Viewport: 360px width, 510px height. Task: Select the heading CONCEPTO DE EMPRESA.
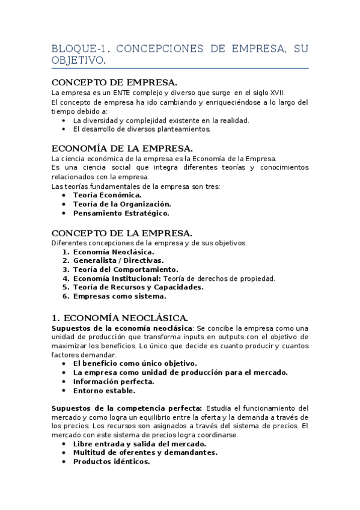pyautogui.click(x=114, y=82)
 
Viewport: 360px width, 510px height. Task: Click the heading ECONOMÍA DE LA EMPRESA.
pyautogui.click(x=122, y=148)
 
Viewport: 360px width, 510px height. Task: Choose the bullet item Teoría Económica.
pyautogui.click(x=107, y=195)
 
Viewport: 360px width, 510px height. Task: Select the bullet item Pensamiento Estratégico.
pyautogui.click(x=121, y=213)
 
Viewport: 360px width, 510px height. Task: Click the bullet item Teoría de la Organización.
pyautogui.click(x=122, y=204)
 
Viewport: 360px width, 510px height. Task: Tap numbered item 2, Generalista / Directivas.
pyautogui.click(x=118, y=260)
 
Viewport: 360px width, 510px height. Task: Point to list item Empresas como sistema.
pyautogui.click(x=120, y=296)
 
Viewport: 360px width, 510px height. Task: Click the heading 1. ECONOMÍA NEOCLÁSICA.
pyautogui.click(x=120, y=317)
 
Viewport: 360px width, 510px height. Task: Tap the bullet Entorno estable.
pyautogui.click(x=100, y=390)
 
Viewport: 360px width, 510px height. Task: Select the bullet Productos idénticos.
pyautogui.click(x=111, y=462)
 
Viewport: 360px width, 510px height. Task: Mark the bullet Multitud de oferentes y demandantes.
pyautogui.click(x=145, y=453)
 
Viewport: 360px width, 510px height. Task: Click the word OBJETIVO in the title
pyautogui.click(x=78, y=61)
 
